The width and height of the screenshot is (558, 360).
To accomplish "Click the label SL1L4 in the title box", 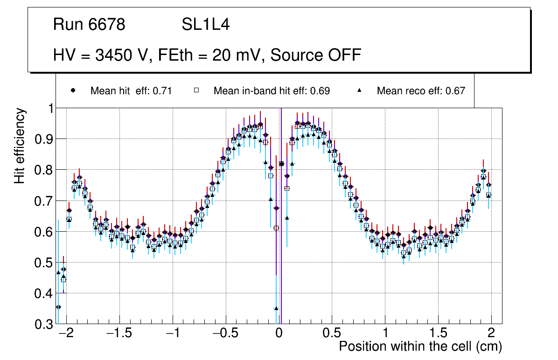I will coord(206,25).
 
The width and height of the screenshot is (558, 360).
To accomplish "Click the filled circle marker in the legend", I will coord(73,90).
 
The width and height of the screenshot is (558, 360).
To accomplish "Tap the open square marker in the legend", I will coord(196,90).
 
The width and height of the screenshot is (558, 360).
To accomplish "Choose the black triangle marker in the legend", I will coord(360,90).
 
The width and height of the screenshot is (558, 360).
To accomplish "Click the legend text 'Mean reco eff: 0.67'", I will coord(421,91).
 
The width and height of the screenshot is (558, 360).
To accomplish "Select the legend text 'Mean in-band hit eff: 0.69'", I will coord(272,91).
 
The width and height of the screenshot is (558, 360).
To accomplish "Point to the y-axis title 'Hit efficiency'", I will coord(20,146).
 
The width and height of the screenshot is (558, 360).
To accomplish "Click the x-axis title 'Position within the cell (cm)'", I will coord(420,346).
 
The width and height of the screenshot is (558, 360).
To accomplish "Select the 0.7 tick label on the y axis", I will coord(44,201).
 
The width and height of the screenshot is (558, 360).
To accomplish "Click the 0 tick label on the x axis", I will coord(279,334).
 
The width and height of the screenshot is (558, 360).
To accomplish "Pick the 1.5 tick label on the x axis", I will coord(438,334).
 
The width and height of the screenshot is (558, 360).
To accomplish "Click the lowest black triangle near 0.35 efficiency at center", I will coord(276,308).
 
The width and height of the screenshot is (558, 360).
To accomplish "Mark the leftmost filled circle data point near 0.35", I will coord(58,307).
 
